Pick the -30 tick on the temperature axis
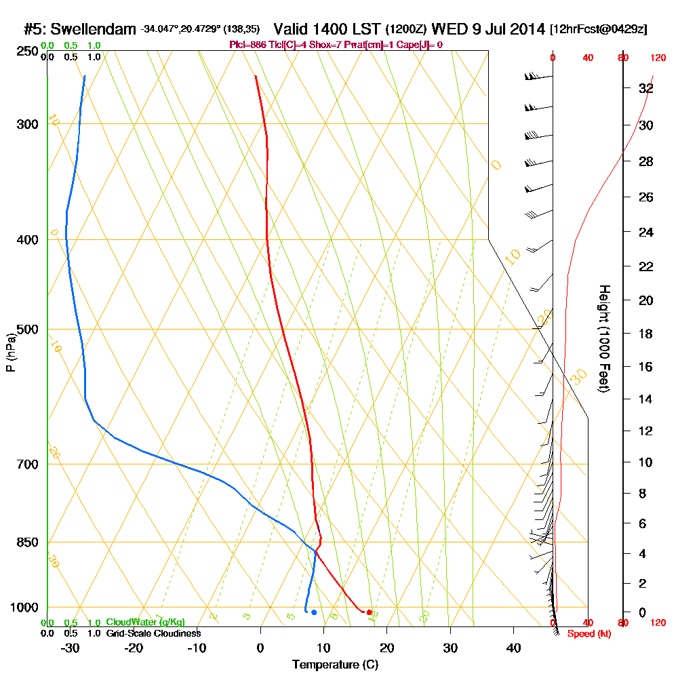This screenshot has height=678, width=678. click(71, 648)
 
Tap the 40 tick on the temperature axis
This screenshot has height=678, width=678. click(513, 648)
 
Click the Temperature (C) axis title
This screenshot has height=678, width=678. click(335, 664)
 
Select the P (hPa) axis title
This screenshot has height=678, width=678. click(11, 353)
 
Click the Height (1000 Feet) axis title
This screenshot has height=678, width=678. click(603, 339)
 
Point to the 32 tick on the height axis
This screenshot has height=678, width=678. click(645, 88)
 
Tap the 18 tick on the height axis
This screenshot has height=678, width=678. click(645, 334)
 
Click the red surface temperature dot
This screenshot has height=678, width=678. click(369, 612)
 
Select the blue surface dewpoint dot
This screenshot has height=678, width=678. click(313, 612)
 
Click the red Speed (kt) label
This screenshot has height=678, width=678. click(585, 634)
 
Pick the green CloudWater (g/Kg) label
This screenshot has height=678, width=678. click(145, 622)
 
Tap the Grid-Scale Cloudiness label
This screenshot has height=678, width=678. click(153, 633)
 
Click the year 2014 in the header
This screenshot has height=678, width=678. click(527, 29)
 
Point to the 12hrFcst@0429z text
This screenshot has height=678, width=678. click(599, 30)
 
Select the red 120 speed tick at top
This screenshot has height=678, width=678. click(657, 58)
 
